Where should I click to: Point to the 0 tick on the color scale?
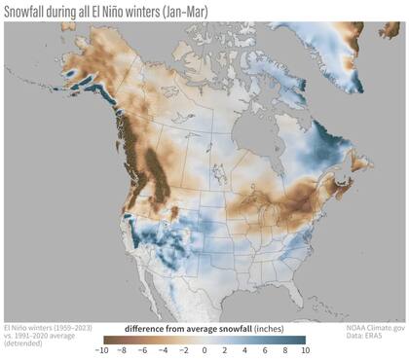[x=204, y=349]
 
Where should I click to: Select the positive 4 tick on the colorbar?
[x=244, y=349]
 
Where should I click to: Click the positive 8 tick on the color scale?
[x=284, y=349]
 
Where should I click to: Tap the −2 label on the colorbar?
[x=184, y=349]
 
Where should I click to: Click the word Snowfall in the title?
[x=34, y=10]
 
